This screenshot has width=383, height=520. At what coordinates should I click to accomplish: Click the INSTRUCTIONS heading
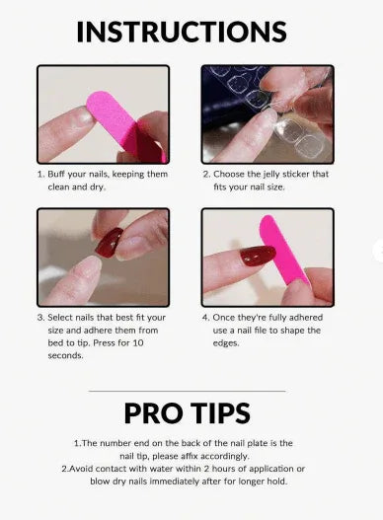(181, 31)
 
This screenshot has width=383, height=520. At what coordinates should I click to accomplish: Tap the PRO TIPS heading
(187, 412)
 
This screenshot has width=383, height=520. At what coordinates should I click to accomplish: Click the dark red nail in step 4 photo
(258, 257)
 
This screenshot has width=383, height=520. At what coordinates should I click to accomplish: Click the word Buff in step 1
(61, 175)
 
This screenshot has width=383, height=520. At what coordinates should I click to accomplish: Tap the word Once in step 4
(229, 318)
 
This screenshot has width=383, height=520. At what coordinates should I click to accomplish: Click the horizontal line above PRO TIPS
(187, 391)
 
